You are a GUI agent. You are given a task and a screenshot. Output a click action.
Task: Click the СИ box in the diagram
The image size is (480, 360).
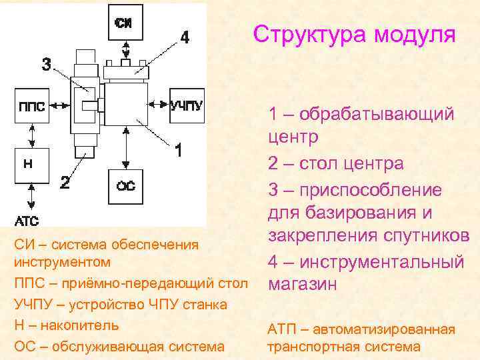coord(125,23)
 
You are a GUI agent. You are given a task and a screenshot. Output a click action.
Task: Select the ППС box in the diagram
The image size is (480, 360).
coord(32,105)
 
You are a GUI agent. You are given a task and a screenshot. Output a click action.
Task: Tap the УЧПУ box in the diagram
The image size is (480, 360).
coord(186,105)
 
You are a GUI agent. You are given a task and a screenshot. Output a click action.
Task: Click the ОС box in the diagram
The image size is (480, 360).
coord(125,185)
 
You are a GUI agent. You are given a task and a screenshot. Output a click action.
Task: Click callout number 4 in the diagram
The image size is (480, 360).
coord(184,37)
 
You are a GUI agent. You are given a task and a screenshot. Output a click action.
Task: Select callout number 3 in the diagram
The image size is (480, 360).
coord(46,65)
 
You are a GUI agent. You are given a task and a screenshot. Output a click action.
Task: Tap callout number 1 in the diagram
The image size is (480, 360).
coord(177,151)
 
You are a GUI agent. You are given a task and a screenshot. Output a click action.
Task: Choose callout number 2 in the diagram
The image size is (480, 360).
coord(65,182)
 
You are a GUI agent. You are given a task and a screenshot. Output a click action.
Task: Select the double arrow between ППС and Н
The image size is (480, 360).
coord(31,135)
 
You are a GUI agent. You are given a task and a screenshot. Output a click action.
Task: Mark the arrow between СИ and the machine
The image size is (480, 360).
coord(125,51)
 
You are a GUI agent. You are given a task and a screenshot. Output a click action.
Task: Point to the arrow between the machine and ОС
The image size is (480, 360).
coord(125,151)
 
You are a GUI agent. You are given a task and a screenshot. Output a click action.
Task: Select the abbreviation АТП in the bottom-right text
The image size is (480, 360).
coord(280,329)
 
